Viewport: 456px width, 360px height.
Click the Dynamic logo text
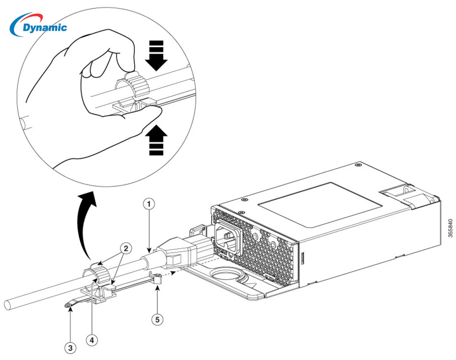click(45, 27)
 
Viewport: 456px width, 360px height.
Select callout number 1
click(150, 204)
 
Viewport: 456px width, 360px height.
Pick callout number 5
click(158, 319)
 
